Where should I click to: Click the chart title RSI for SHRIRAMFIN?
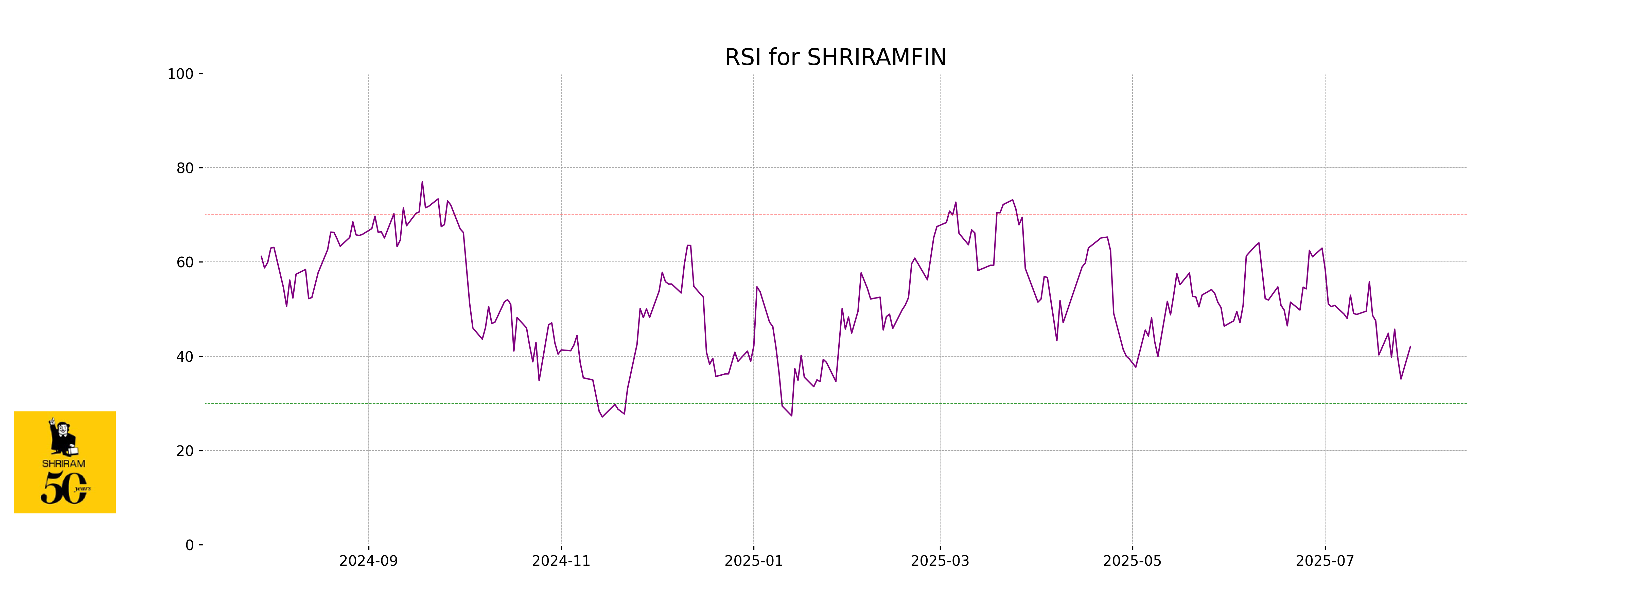click(835, 58)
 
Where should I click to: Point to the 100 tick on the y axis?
click(180, 74)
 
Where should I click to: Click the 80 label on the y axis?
click(185, 169)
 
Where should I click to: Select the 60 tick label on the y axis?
click(185, 262)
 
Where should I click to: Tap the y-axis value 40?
click(185, 357)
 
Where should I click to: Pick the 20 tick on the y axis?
click(185, 451)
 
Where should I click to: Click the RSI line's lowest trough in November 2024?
click(602, 416)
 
